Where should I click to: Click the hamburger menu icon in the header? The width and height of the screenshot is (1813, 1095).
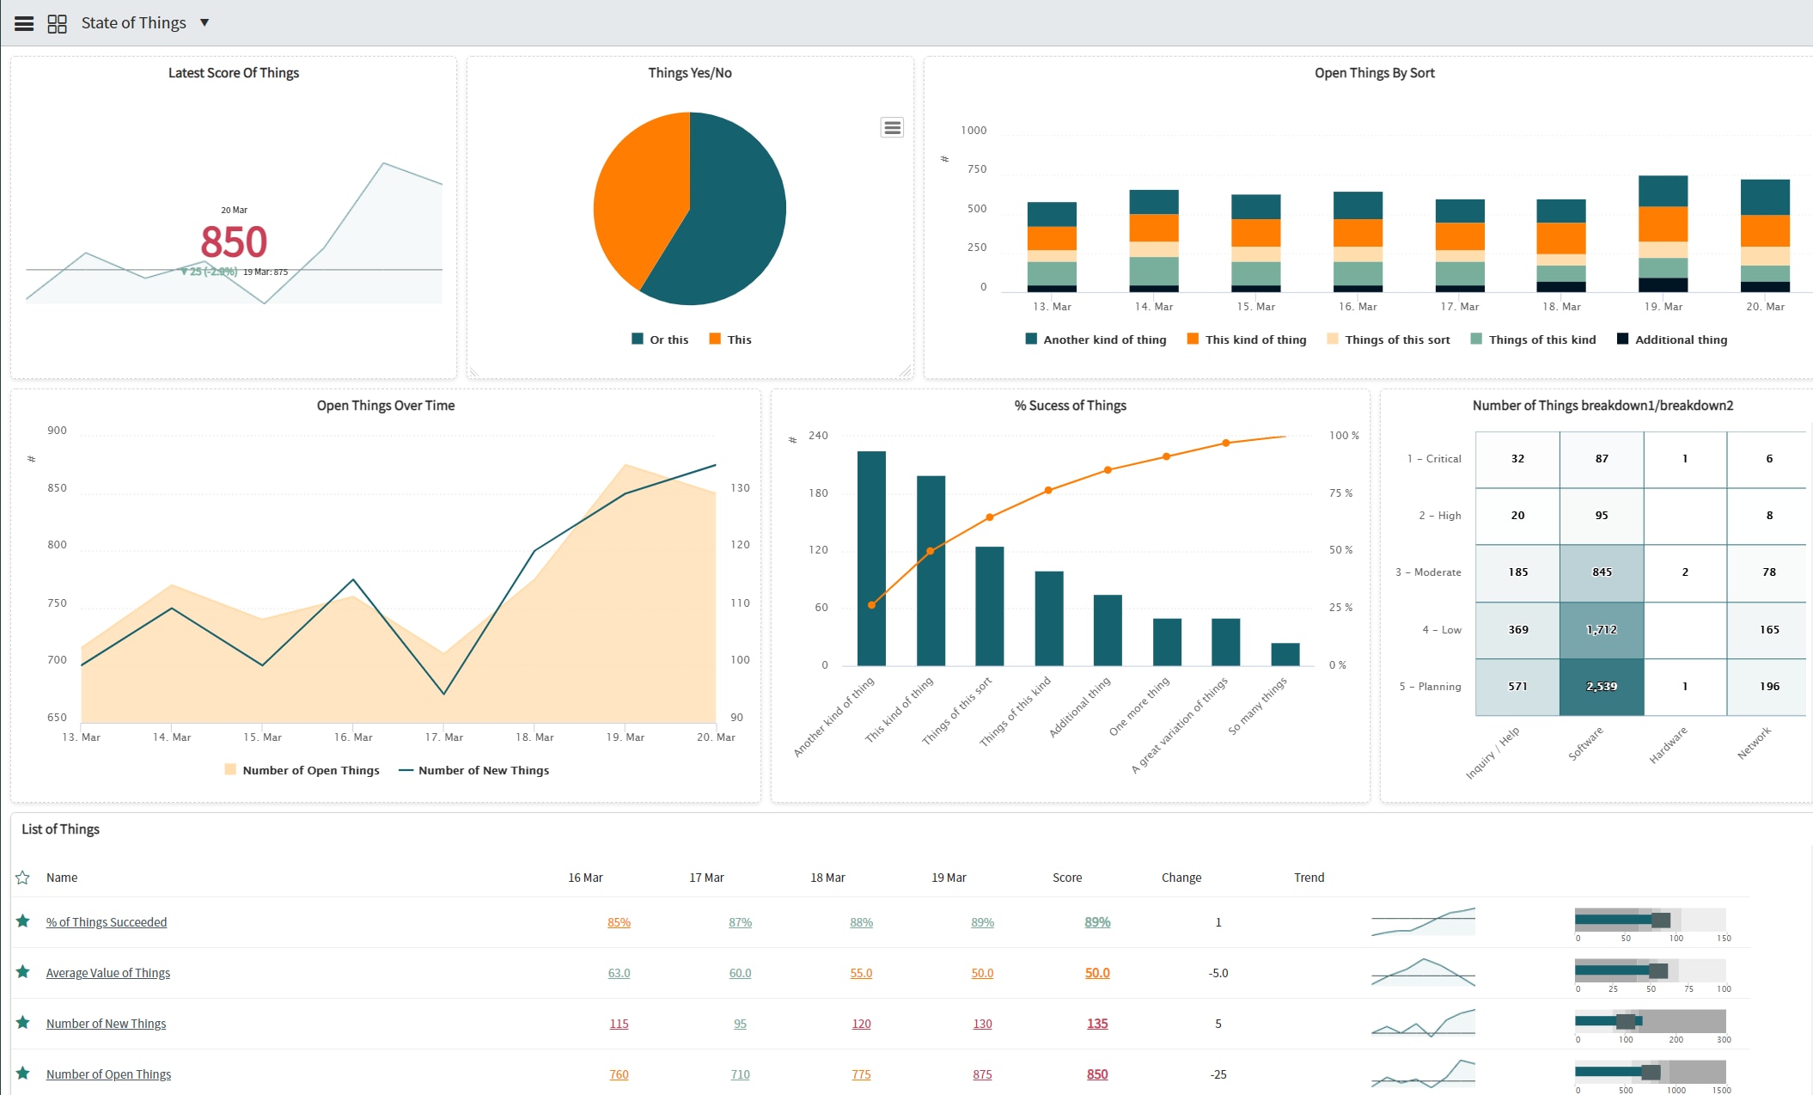pos(24,23)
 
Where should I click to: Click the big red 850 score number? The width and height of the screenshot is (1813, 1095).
pos(234,242)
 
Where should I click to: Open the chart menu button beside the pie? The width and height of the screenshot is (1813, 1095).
pos(892,128)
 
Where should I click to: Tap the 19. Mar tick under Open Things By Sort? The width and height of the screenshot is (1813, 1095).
pos(1663,307)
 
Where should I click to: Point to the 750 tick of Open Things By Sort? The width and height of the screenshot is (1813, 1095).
pos(976,169)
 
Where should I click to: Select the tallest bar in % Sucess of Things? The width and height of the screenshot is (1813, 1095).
pos(871,559)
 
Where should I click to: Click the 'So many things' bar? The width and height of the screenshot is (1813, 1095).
pos(1285,654)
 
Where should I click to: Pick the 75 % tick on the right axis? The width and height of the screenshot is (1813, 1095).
pos(1340,493)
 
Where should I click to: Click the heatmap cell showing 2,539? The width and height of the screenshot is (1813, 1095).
pos(1601,687)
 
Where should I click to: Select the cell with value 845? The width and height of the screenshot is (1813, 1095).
pos(1601,572)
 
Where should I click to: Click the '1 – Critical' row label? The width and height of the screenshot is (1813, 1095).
pos(1433,459)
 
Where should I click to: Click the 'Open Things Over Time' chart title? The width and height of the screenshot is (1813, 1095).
pos(385,406)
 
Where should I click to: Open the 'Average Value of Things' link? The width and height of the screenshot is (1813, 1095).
pos(108,973)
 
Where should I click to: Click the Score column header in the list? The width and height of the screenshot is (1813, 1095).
pos(1066,878)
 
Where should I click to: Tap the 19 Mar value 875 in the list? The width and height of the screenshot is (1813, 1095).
pos(981,1074)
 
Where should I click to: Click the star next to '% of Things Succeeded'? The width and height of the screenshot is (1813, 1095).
pos(23,921)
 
